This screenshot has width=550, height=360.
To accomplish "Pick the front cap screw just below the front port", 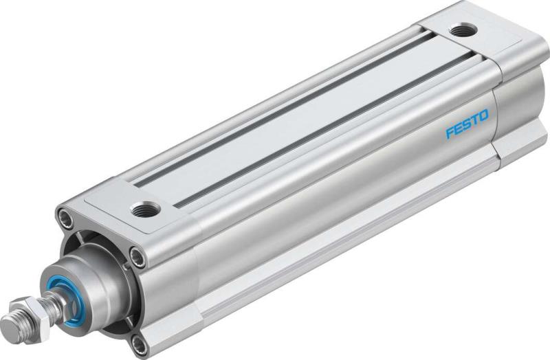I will point(138,259).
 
